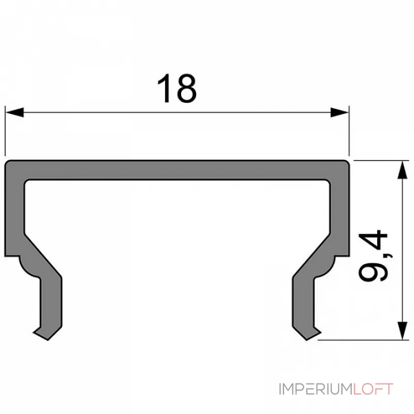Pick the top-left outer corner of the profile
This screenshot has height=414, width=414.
tap(7, 162)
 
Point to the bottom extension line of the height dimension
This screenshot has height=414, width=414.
tap(362, 340)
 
